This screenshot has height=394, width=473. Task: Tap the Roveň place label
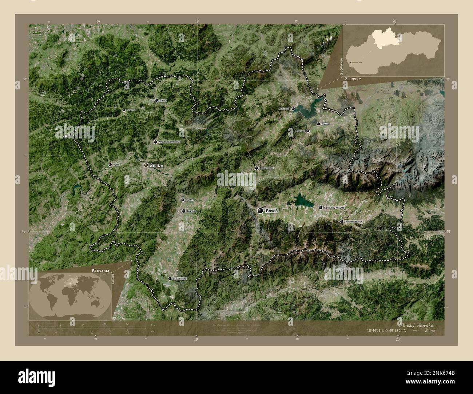(x=272, y=211)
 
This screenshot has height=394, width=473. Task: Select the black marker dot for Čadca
(x=156, y=100)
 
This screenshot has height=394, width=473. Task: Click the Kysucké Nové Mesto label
(x=170, y=142)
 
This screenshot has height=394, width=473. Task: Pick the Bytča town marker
(x=110, y=165)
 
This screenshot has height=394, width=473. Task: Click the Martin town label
(x=191, y=211)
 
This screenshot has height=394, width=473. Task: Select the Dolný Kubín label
(x=267, y=168)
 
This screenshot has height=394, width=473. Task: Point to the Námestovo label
(x=284, y=109)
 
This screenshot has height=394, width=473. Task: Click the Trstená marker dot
(x=318, y=124)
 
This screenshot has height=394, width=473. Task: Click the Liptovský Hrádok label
(x=354, y=221)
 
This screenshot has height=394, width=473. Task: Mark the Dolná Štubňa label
(x=179, y=278)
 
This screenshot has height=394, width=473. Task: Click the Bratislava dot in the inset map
(x=350, y=63)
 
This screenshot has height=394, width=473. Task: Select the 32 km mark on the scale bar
(x=127, y=323)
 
